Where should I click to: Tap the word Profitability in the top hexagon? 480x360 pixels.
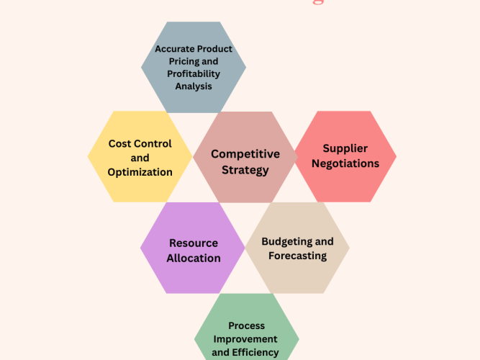pyautogui.click(x=194, y=74)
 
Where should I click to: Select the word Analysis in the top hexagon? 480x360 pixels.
pyautogui.click(x=194, y=86)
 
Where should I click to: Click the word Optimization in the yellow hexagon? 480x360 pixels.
pyautogui.click(x=140, y=172)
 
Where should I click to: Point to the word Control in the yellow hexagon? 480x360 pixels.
pyautogui.click(x=153, y=144)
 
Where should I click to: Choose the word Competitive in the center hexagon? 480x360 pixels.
pyautogui.click(x=245, y=154)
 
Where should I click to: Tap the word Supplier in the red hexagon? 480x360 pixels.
pyautogui.click(x=345, y=148)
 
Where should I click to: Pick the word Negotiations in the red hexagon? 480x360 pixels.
pyautogui.click(x=345, y=163)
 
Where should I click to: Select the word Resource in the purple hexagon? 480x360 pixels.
pyautogui.click(x=194, y=243)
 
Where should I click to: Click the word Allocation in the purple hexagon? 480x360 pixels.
pyautogui.click(x=194, y=258)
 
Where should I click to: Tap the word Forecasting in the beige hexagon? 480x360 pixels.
pyautogui.click(x=297, y=256)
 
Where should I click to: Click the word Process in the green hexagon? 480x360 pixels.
pyautogui.click(x=246, y=325)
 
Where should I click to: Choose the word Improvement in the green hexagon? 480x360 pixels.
pyautogui.click(x=246, y=339)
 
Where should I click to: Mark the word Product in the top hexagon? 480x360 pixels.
pyautogui.click(x=216, y=50)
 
